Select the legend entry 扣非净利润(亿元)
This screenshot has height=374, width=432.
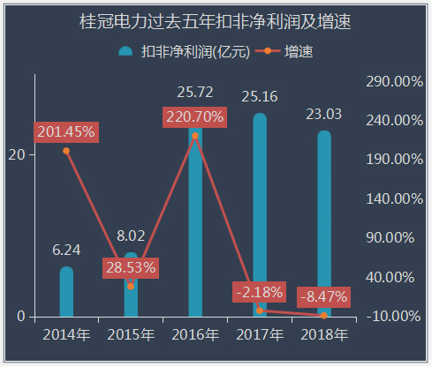183,52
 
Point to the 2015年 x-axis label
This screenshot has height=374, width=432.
131,335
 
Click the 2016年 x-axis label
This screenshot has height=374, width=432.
195,335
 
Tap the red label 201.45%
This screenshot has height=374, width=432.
64,131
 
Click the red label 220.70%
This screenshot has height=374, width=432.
193,116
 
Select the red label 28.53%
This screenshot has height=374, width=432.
131,267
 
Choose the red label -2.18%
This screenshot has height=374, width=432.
259,292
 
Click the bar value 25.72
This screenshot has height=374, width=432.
195,92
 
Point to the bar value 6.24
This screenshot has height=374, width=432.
66,250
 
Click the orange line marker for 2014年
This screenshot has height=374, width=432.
66,151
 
